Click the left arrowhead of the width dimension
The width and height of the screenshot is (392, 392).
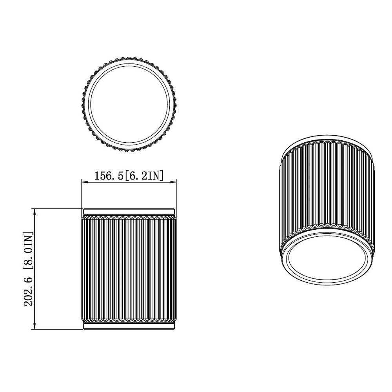[84, 181]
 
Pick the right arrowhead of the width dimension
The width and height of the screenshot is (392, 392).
[173, 181]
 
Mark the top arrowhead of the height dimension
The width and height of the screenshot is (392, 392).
[35, 212]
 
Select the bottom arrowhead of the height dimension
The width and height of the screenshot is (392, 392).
[35, 326]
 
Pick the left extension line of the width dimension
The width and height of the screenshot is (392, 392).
[82, 194]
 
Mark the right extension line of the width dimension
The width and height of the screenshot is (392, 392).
[176, 194]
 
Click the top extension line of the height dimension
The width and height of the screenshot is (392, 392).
[59, 209]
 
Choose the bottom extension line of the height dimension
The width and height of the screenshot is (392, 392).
[59, 329]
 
